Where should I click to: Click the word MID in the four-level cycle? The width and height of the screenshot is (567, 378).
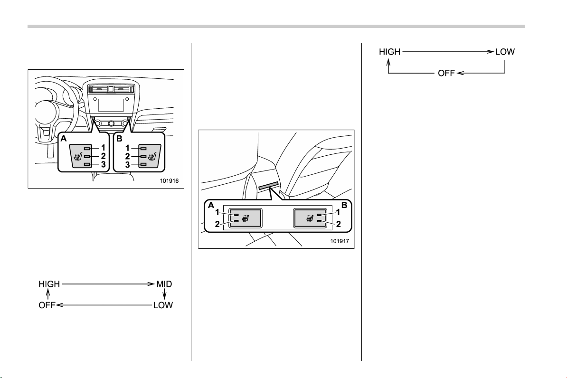pyautogui.click(x=164, y=284)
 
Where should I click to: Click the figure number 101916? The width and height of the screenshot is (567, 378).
pyautogui.click(x=169, y=181)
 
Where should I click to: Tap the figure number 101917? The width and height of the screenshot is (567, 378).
pyautogui.click(x=340, y=241)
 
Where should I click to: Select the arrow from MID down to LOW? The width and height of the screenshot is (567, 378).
pyautogui.click(x=164, y=294)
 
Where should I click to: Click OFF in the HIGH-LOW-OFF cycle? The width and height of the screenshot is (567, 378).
pyautogui.click(x=446, y=73)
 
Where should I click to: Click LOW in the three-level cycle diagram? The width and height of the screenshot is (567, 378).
pyautogui.click(x=505, y=52)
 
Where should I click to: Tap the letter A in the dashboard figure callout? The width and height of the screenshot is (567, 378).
pyautogui.click(x=64, y=138)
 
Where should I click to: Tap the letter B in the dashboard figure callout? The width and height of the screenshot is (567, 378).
pyautogui.click(x=119, y=138)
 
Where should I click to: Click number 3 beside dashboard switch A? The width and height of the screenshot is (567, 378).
pyautogui.click(x=104, y=165)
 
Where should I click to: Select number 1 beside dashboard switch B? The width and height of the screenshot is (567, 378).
pyautogui.click(x=127, y=148)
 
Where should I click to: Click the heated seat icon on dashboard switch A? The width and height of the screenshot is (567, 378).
pyautogui.click(x=78, y=157)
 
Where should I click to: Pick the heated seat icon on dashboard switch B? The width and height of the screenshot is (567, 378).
pyautogui.click(x=152, y=157)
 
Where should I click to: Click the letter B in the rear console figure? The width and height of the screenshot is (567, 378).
pyautogui.click(x=344, y=205)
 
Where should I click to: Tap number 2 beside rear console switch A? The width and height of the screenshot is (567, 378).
pyautogui.click(x=217, y=224)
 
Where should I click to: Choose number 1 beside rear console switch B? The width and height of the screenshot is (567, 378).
pyautogui.click(x=338, y=212)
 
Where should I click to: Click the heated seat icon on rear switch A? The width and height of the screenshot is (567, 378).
pyautogui.click(x=246, y=218)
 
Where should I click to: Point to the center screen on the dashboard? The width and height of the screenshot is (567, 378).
pyautogui.click(x=111, y=105)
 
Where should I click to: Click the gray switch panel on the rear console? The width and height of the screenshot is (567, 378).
pyautogui.click(x=268, y=186)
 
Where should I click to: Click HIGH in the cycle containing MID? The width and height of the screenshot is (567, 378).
pyautogui.click(x=49, y=284)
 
